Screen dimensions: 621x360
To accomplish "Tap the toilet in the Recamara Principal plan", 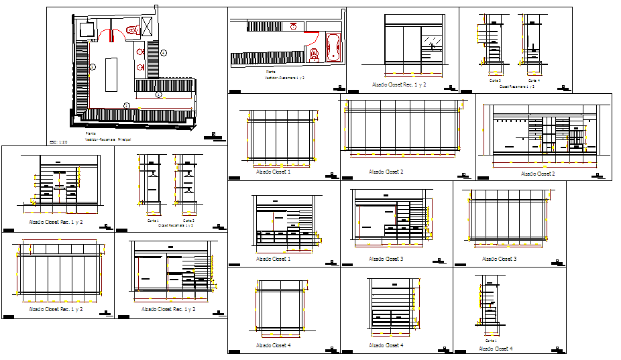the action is (x=131, y=29).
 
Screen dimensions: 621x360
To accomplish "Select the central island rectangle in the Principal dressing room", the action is (x=111, y=74).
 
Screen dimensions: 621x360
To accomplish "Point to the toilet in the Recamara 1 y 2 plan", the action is (x=313, y=54).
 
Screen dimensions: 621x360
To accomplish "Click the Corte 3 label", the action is (x=495, y=80).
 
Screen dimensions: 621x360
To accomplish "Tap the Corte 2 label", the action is (x=189, y=220).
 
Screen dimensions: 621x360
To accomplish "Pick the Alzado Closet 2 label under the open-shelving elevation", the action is (x=538, y=174).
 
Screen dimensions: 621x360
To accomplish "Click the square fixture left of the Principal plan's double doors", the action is (x=85, y=30).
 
